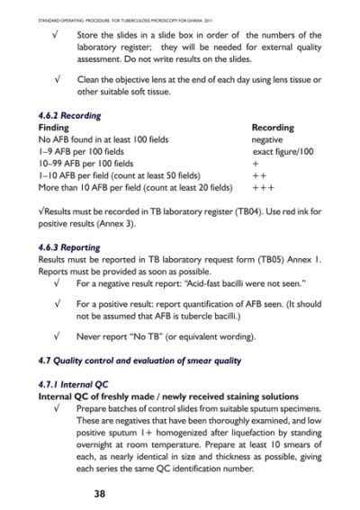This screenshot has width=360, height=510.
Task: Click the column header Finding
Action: pos(55,129)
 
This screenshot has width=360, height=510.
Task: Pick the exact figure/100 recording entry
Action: pos(286,153)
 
